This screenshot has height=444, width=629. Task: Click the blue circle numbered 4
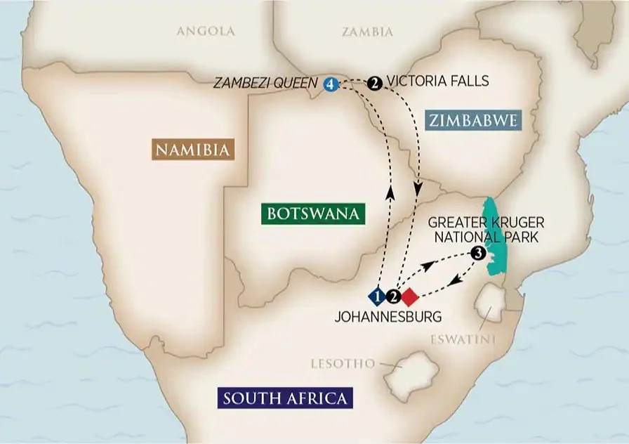pos(331,84)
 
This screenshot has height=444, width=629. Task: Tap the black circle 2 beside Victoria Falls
pos(375,84)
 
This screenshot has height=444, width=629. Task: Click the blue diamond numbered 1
pos(378,296)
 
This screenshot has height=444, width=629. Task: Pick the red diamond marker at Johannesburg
pos(410,296)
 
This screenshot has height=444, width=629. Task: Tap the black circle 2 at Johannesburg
pos(394,296)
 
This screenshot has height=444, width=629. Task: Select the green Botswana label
pos(312,213)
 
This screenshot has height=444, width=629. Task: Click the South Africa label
pos(284,399)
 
